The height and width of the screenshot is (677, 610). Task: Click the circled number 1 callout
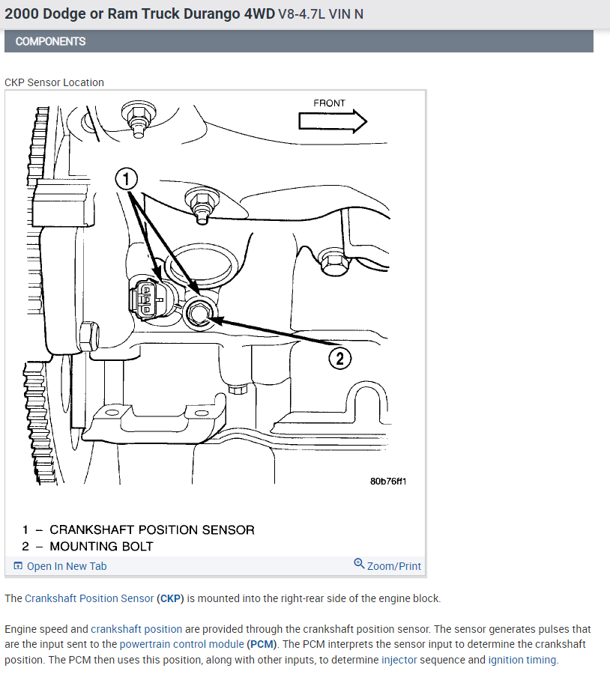pyautogui.click(x=127, y=179)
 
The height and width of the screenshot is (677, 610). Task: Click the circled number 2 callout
pyautogui.click(x=340, y=359)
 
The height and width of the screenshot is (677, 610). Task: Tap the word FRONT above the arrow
pyautogui.click(x=330, y=103)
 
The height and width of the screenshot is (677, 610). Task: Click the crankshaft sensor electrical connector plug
pyautogui.click(x=148, y=298)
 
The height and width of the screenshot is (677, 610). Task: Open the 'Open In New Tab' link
pyautogui.click(x=67, y=566)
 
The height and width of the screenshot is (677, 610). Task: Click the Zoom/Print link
pyautogui.click(x=394, y=566)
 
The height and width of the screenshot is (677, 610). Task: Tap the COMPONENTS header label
pyautogui.click(x=50, y=41)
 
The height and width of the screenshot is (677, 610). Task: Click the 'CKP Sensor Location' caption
pyautogui.click(x=54, y=82)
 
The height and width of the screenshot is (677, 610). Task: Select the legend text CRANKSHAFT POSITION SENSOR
pyautogui.click(x=152, y=530)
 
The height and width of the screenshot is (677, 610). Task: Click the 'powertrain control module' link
pyautogui.click(x=181, y=644)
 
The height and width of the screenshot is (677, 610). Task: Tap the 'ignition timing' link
pyautogui.click(x=522, y=660)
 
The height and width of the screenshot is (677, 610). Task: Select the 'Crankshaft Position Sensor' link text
pyautogui.click(x=89, y=598)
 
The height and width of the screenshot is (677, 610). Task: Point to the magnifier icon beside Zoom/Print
pyautogui.click(x=359, y=564)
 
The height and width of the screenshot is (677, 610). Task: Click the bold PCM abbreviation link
pyautogui.click(x=260, y=644)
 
